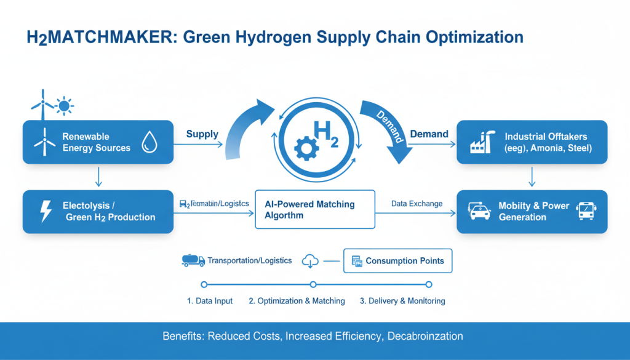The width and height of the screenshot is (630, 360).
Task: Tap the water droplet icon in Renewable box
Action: [x=149, y=142]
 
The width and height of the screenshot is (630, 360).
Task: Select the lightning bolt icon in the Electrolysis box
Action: [x=46, y=211]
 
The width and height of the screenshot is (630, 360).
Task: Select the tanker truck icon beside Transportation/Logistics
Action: [x=193, y=260]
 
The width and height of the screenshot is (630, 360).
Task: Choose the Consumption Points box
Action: [x=397, y=261]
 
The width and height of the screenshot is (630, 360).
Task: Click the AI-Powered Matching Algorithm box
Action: [x=315, y=210]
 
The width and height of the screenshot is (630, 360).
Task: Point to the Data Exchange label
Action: [x=417, y=204]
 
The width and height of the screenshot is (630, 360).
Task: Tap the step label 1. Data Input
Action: [x=210, y=301]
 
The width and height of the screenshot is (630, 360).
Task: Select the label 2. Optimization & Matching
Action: [x=297, y=301]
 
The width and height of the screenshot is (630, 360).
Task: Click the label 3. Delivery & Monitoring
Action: [x=402, y=301]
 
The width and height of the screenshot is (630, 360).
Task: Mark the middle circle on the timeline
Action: [x=313, y=284]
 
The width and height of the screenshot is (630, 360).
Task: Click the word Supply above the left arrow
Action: [x=202, y=134]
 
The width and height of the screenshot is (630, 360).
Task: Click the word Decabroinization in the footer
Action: [x=425, y=337]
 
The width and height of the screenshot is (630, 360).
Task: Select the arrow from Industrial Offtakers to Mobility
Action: [x=532, y=177]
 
